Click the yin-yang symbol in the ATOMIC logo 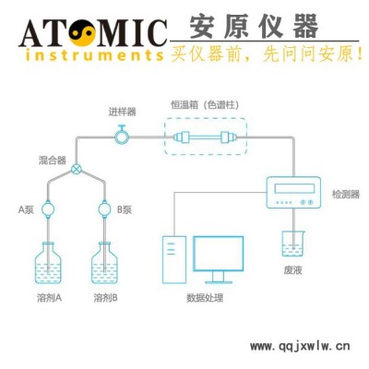point(82,32)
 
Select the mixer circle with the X point(77,169)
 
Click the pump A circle point(48,209)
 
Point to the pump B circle point(104,209)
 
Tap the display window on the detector point(294,188)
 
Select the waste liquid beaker point(293,244)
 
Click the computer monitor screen point(219,254)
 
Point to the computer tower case point(174,259)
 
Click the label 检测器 point(346,195)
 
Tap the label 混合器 point(52,161)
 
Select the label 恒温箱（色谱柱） point(205,105)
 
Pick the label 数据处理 point(205,298)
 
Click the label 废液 point(292,270)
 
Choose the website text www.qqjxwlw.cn point(300,346)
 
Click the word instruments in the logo point(94,55)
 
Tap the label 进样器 point(122,112)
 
